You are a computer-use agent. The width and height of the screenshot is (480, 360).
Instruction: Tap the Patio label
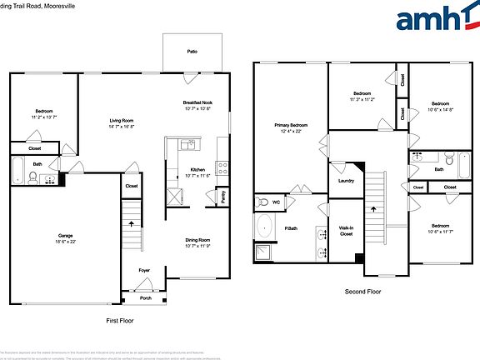[x=192, y=52]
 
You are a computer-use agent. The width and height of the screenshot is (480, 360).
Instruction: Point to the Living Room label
[x=122, y=120]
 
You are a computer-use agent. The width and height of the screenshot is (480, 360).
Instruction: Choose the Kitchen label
[x=197, y=169]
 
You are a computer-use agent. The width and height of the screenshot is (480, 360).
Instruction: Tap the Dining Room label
[x=197, y=240]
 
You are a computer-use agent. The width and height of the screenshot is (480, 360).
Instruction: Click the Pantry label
[x=222, y=197]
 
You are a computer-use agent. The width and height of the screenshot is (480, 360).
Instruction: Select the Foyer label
[x=144, y=269]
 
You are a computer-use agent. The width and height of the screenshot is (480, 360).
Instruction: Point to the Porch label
[x=145, y=297]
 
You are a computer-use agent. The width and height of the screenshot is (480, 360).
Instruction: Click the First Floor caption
[x=119, y=320]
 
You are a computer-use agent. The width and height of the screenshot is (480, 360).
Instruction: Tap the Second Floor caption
[x=362, y=292]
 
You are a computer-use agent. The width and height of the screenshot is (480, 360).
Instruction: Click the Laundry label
[x=346, y=180]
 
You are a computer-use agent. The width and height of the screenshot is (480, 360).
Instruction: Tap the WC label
[x=277, y=202]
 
